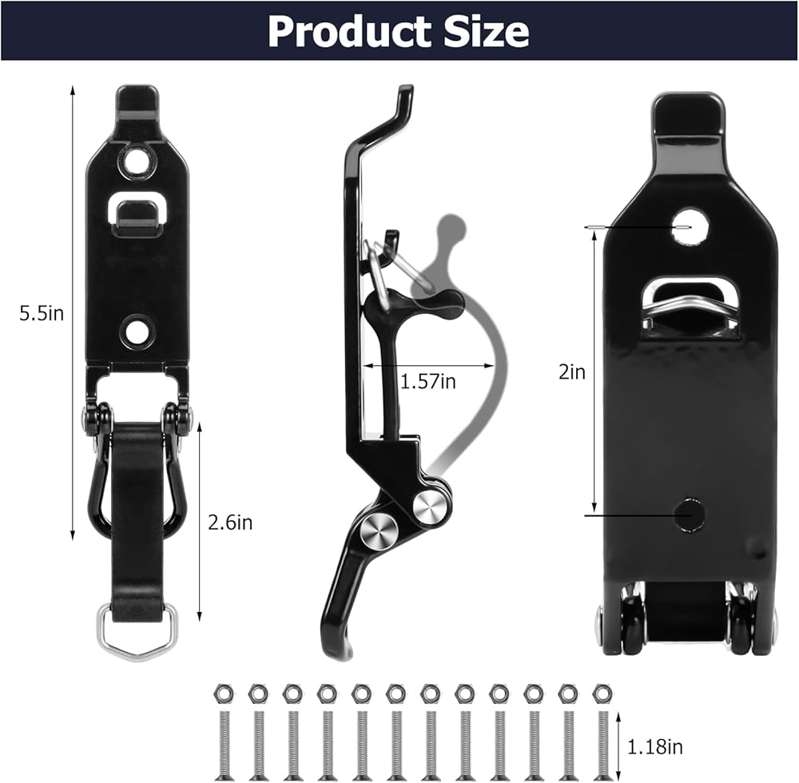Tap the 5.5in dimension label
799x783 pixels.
42,313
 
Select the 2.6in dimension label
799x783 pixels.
230,523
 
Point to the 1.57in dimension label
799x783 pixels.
428,381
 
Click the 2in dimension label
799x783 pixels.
572,372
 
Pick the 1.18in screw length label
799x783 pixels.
655,747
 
